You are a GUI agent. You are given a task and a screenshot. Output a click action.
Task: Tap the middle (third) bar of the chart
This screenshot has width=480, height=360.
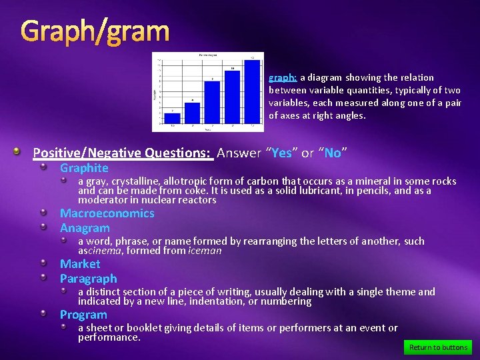coord(212,103)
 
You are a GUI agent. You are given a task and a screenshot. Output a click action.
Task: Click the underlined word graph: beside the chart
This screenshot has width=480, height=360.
coord(283,77)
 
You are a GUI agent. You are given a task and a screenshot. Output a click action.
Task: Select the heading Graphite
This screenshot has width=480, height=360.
coord(84,168)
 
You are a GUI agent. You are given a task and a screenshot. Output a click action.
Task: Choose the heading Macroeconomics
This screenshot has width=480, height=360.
coord(107,213)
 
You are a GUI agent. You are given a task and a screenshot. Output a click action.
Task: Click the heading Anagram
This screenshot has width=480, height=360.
coord(85,228)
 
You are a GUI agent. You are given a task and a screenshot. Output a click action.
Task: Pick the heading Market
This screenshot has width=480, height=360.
coord(80,264)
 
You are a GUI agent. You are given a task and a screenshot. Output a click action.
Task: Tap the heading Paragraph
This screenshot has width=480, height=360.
coord(88,279)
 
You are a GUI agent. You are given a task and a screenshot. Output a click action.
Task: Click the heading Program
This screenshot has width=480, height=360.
coord(83,315)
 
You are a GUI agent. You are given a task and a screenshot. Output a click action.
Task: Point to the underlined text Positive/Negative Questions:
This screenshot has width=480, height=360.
coord(123,153)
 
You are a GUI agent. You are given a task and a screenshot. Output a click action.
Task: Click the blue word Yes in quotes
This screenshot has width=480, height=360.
coord(281,153)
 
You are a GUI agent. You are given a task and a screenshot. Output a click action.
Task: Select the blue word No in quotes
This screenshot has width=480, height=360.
coord(332,153)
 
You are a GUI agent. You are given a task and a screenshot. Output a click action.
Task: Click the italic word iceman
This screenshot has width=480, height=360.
coord(205,251)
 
